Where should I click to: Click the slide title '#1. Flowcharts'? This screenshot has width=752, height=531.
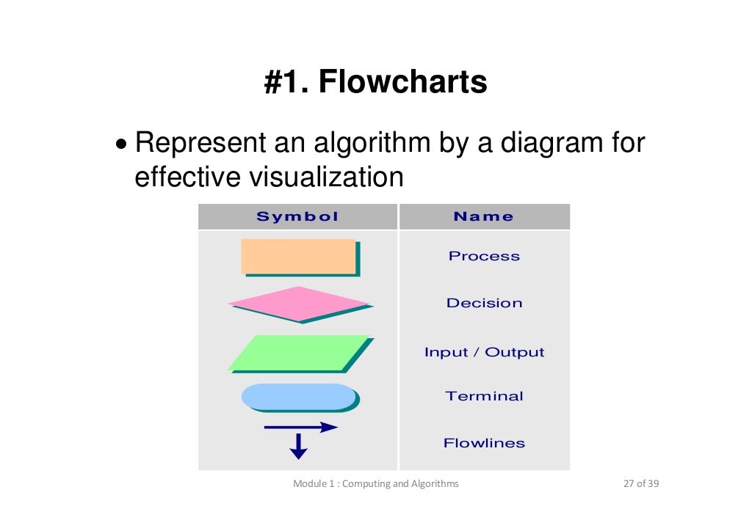375,83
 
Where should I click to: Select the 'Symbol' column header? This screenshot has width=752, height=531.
297,216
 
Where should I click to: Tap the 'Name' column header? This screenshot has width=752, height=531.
484,216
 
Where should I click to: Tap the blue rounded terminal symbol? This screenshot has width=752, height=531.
298,396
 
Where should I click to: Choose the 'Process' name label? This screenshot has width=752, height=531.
484,256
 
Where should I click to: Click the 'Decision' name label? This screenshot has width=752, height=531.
484,303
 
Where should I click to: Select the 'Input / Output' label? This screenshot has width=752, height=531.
484,352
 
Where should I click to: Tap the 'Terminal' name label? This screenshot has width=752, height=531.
484,396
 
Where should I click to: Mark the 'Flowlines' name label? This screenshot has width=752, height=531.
484,443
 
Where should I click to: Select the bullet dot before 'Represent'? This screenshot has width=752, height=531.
121,144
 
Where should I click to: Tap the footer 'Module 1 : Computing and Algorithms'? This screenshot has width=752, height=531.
375,483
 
